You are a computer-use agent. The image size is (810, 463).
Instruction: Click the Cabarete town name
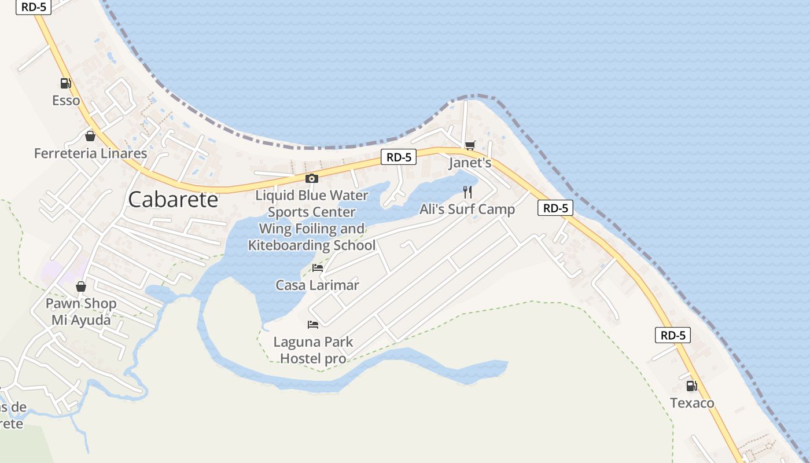click(x=173, y=199)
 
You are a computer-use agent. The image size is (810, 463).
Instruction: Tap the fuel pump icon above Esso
click(x=66, y=83)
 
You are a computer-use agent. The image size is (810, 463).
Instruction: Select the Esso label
click(x=66, y=101)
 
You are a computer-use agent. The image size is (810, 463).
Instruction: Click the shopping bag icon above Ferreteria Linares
click(x=90, y=136)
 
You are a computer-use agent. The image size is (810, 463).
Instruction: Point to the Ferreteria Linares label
click(x=90, y=153)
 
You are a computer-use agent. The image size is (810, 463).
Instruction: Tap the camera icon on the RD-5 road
click(x=312, y=178)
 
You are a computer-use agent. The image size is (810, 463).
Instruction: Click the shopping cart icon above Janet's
click(x=470, y=145)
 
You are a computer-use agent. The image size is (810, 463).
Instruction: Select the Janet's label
click(x=470, y=163)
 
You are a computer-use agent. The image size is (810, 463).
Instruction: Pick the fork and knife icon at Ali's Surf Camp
click(x=467, y=192)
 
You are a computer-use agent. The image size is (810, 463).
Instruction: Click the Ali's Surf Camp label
click(x=467, y=210)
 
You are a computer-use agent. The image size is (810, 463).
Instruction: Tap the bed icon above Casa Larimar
click(x=318, y=267)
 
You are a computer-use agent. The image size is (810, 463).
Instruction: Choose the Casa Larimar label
click(x=317, y=285)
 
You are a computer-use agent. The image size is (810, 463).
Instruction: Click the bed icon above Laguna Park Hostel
click(x=313, y=324)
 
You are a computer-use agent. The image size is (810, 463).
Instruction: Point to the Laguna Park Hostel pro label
click(x=313, y=350)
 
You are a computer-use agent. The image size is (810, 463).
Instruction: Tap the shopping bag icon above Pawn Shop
click(x=81, y=286)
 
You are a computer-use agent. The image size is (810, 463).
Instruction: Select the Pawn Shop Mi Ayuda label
click(x=81, y=311)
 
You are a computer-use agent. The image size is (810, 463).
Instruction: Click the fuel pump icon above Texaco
click(x=691, y=385)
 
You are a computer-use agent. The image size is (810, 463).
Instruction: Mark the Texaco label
click(x=692, y=403)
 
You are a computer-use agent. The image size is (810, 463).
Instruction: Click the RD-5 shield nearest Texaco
click(x=673, y=335)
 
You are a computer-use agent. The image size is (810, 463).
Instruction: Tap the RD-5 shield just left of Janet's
click(x=399, y=157)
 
